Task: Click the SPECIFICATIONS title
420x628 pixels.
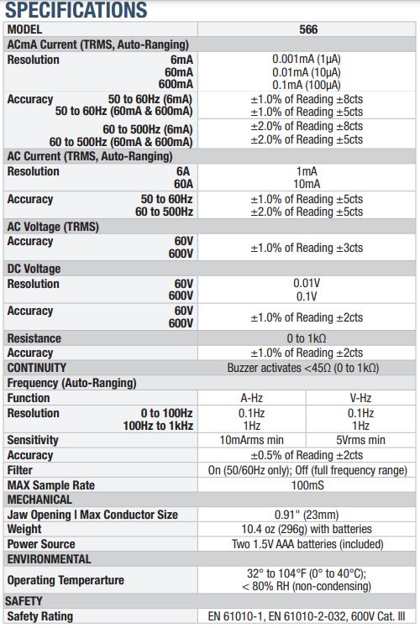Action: (x=76, y=9)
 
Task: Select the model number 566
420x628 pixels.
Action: (x=308, y=29)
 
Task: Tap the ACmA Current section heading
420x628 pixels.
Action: (x=97, y=44)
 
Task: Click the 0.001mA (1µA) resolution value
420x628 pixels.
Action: (x=307, y=60)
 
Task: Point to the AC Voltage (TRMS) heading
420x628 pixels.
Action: (x=53, y=227)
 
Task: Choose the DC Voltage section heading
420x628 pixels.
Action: (x=34, y=269)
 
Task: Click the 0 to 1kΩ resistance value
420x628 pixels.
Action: (x=307, y=338)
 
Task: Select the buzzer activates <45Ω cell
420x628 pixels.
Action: (x=303, y=368)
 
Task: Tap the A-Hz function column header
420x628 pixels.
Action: (x=252, y=398)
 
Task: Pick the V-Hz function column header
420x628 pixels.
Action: (x=360, y=398)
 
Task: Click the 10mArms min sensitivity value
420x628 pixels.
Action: (x=252, y=440)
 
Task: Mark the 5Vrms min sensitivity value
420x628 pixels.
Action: (x=360, y=440)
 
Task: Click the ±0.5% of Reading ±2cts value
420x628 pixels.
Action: (x=307, y=455)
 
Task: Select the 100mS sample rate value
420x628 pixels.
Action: (x=307, y=485)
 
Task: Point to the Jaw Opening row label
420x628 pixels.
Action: (x=92, y=515)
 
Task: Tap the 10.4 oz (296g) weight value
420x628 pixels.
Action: (x=307, y=529)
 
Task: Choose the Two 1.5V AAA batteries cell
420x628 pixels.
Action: (x=307, y=544)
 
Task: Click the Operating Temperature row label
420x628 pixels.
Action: (x=66, y=580)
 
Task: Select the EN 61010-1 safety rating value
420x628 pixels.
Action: (x=307, y=616)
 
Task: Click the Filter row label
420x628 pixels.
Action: (x=20, y=470)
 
